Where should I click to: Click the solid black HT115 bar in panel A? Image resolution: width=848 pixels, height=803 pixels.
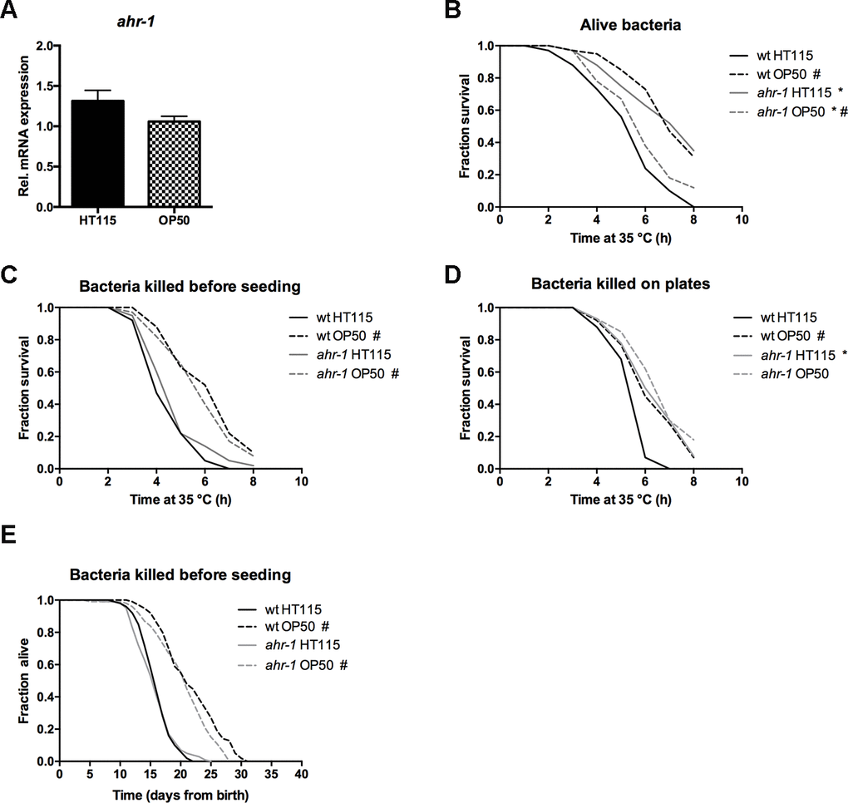point(97,154)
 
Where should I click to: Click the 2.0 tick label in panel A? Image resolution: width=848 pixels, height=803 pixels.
point(47,46)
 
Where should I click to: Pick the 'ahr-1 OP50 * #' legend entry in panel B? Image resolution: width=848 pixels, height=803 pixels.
point(789,111)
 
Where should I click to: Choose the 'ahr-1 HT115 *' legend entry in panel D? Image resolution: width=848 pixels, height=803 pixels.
point(789,355)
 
